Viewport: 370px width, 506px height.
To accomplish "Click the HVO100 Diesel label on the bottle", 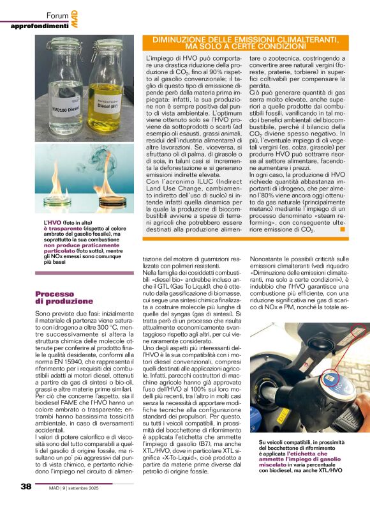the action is point(64,107).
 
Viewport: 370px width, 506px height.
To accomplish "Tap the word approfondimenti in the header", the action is point(39,26).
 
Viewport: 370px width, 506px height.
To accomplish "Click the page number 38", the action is point(26,486).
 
